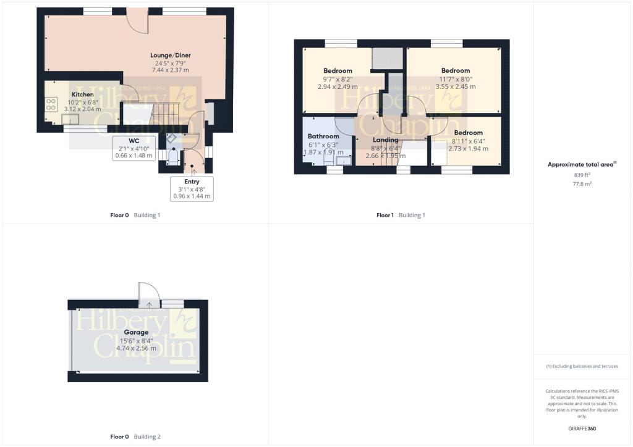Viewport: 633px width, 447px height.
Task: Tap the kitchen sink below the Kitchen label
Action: (66, 119)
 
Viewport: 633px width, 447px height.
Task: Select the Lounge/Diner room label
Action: (170, 55)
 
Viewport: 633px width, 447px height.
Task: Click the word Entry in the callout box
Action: (192, 182)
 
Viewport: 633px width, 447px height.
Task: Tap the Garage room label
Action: (136, 332)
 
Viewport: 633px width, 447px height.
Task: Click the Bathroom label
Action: (323, 136)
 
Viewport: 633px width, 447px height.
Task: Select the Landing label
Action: (386, 140)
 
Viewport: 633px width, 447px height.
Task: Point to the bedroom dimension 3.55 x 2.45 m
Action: (456, 86)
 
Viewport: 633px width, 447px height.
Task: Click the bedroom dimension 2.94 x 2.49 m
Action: (338, 86)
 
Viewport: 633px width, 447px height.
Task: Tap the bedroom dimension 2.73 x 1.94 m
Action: (468, 149)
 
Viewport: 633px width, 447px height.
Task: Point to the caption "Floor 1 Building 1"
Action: (401, 215)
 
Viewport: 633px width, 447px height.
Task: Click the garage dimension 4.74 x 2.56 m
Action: (136, 348)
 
